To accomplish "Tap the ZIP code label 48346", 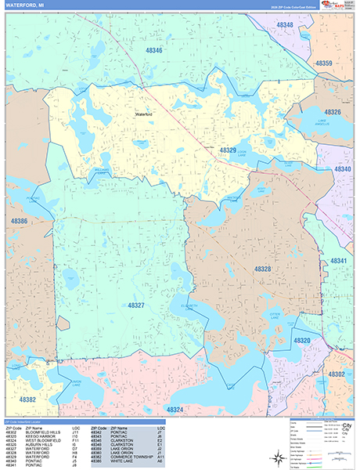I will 153,51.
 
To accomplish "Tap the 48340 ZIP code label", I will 344,168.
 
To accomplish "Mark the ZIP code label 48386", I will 18,222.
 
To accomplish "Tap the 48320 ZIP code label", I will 302,341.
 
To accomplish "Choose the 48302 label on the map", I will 336,374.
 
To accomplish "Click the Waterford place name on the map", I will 144,114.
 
